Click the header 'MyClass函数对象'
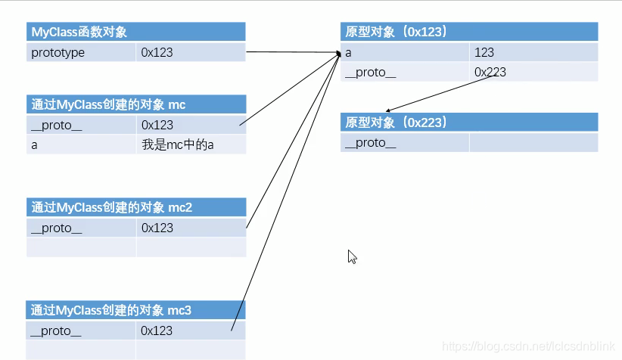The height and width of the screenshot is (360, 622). pos(79,32)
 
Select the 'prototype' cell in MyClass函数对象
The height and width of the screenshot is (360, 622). pos(58,53)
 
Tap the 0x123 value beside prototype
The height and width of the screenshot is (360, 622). pos(157,53)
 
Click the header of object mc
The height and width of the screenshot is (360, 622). pos(108,104)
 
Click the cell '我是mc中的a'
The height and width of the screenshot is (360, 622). pos(178,144)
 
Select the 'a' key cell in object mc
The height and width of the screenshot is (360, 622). pos(35,144)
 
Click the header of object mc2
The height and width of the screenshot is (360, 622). pos(111,207)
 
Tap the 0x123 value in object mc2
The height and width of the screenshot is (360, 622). pos(157,228)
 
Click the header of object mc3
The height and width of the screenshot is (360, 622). pos(111,310)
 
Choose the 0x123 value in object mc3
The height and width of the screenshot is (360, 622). pos(157,331)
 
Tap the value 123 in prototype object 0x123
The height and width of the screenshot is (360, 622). pos(484,53)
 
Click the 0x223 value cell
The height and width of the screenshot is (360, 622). pos(490,73)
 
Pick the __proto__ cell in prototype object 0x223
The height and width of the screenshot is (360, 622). pos(371,143)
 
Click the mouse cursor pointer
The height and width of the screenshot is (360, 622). pos(352,256)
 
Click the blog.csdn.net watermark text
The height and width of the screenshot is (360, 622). pos(529,346)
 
